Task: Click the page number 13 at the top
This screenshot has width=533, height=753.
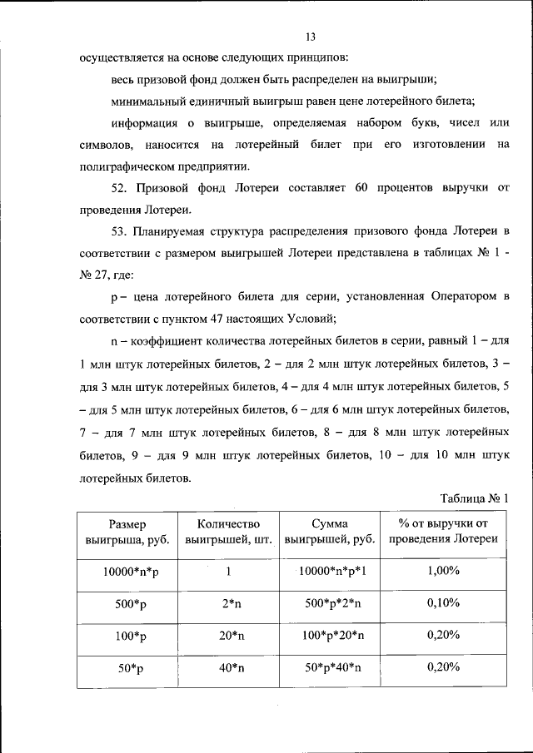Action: pyautogui.click(x=311, y=37)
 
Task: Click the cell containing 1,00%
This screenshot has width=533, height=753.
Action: pyautogui.click(x=443, y=572)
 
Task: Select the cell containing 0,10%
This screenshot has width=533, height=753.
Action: pyautogui.click(x=443, y=603)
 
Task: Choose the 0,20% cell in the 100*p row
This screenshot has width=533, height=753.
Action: pyautogui.click(x=443, y=635)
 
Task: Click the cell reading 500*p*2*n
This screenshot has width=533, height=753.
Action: pyautogui.click(x=330, y=603)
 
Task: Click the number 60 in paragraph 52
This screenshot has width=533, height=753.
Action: pyautogui.click(x=361, y=187)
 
